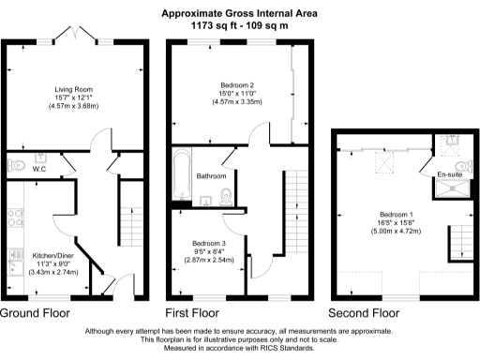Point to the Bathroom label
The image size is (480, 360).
(x=210, y=176)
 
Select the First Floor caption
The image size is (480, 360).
(x=192, y=312)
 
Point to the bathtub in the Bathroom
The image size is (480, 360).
(x=182, y=176)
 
